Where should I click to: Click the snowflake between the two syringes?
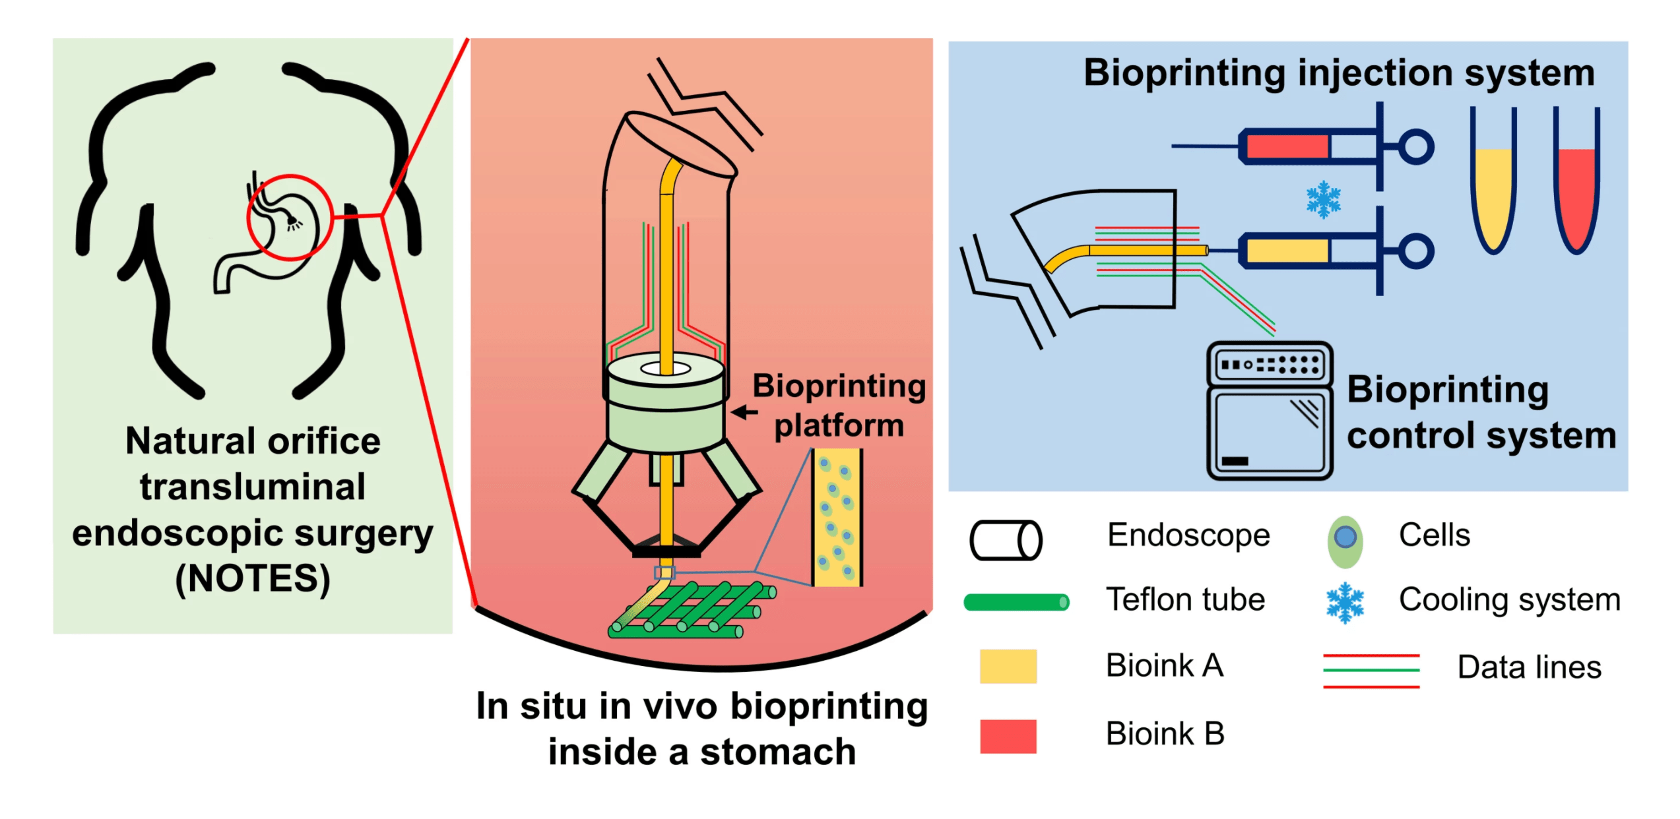click(x=1323, y=200)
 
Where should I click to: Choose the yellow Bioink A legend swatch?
click(x=1008, y=666)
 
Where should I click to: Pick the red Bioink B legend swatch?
click(x=1008, y=736)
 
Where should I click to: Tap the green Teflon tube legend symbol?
click(x=1016, y=602)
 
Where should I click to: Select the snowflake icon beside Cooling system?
click(x=1345, y=603)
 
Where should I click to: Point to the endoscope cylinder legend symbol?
click(x=1006, y=540)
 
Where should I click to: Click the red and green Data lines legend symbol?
click(x=1371, y=671)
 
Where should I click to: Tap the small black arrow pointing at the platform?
click(x=744, y=413)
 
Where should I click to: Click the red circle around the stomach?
click(x=290, y=217)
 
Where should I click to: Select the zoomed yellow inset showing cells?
click(x=837, y=518)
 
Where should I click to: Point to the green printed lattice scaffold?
click(x=692, y=610)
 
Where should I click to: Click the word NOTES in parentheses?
click(x=253, y=579)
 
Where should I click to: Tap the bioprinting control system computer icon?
click(x=1270, y=410)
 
